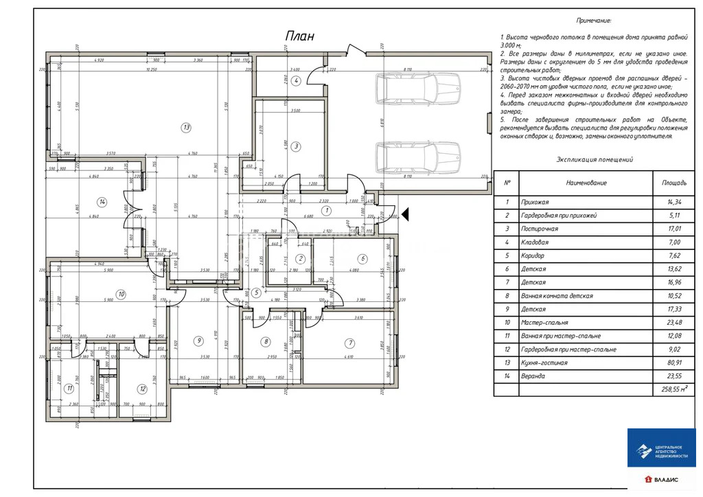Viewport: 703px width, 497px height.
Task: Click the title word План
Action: click(x=299, y=37)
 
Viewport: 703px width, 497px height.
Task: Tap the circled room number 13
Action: click(x=185, y=126)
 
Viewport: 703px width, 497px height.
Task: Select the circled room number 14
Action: click(x=102, y=202)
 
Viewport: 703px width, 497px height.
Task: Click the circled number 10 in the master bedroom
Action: click(x=121, y=294)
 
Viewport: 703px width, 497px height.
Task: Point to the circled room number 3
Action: click(x=296, y=146)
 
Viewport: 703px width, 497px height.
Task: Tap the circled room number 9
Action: click(x=198, y=340)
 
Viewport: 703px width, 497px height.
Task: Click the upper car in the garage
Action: click(x=417, y=89)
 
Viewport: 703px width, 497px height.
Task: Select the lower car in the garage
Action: click(x=417, y=157)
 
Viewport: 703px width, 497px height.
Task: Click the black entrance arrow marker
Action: click(x=405, y=215)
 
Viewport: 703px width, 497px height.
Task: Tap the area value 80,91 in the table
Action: click(x=673, y=362)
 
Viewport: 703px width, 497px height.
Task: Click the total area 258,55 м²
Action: click(x=673, y=389)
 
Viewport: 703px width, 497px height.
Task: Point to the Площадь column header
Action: click(x=673, y=183)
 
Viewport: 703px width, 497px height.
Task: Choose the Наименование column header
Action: click(x=586, y=183)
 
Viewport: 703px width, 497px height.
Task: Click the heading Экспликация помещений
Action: click(x=595, y=159)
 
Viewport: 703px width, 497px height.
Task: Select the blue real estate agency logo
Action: click(x=662, y=448)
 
